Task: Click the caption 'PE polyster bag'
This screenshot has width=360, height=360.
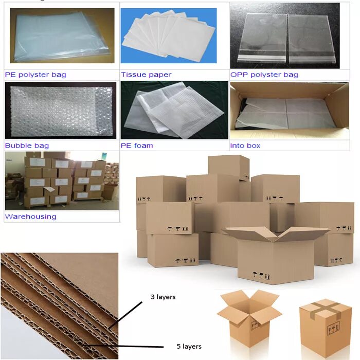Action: click(35, 75)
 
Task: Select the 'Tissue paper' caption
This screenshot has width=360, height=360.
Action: click(146, 75)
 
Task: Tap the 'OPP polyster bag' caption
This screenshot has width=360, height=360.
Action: click(264, 75)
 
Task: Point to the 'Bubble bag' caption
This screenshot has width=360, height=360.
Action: click(27, 146)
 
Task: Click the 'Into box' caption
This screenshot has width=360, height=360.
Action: click(245, 146)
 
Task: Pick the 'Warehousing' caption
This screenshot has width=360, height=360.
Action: click(30, 217)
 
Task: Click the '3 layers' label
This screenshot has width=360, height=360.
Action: click(163, 297)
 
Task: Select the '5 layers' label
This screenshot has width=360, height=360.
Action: click(189, 346)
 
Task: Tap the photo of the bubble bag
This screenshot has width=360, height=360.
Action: click(60, 111)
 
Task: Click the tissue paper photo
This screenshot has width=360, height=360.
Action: click(169, 35)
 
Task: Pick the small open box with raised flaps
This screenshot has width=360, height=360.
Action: click(249, 316)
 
